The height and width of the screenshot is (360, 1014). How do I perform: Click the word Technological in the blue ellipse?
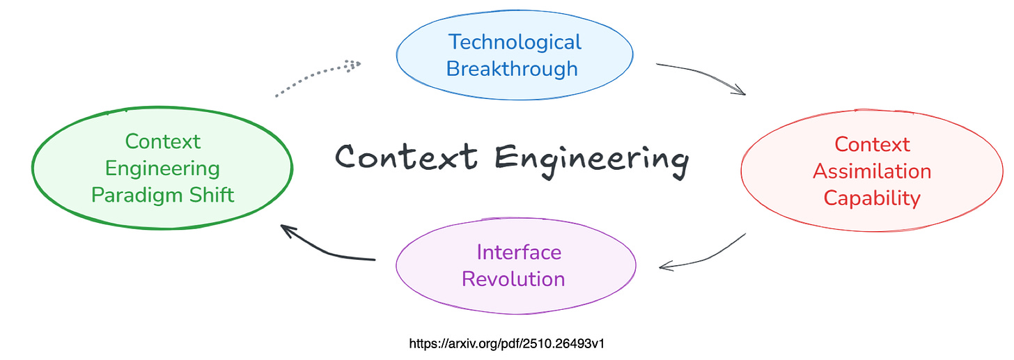515,42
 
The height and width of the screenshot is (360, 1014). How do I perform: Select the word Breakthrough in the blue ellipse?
512,69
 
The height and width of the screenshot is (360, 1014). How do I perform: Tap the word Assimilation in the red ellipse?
872,171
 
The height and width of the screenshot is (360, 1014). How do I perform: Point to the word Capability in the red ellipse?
872,198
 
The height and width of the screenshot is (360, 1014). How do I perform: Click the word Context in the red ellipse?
872,144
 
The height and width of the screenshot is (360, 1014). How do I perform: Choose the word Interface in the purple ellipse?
519,251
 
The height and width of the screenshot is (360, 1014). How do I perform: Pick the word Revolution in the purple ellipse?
513,279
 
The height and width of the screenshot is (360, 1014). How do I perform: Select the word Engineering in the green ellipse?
163,168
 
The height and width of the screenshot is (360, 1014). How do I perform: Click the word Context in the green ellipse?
163,141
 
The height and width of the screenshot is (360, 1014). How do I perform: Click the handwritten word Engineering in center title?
591,157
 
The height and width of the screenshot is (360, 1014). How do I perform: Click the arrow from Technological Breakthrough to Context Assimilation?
700,74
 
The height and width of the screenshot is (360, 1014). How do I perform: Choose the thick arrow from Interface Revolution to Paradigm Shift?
327,251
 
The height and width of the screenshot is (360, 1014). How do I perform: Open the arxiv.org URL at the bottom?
506,343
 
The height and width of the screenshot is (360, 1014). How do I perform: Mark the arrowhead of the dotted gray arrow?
355,65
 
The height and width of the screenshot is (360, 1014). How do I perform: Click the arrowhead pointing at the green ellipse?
286,229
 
